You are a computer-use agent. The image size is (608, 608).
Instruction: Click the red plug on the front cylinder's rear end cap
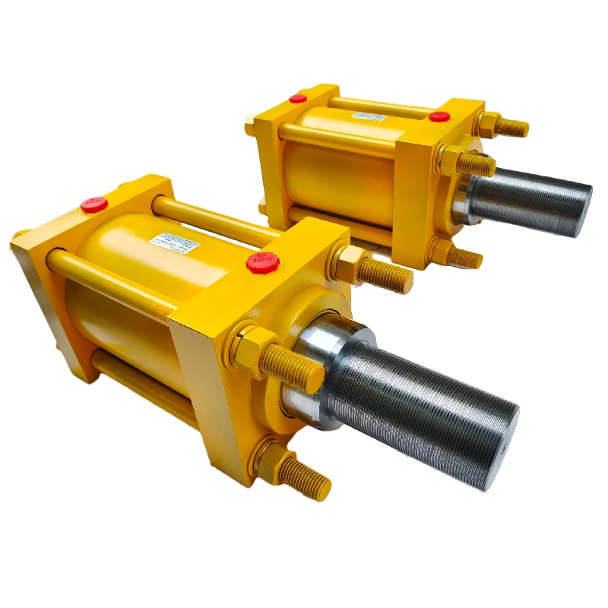tap(94, 204)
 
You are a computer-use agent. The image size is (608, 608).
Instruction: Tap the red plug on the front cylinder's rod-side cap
tap(262, 263)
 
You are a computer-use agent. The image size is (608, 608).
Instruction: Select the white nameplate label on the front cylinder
tap(177, 245)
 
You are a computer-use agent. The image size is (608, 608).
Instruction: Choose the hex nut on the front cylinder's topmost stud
tap(350, 263)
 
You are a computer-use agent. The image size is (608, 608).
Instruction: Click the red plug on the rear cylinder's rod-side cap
tap(439, 116)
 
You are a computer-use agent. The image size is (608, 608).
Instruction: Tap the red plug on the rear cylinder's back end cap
tap(298, 98)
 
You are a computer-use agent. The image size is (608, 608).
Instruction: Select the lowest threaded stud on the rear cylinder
tap(464, 258)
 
